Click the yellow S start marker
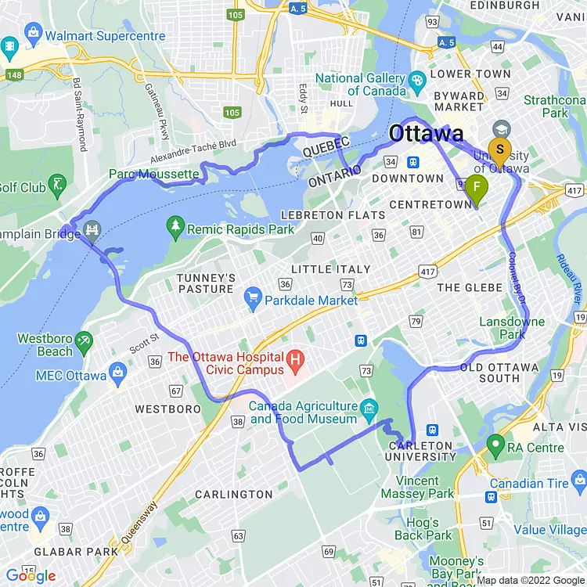tap(499, 150)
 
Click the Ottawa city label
tap(427, 133)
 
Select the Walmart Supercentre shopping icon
tap(33, 32)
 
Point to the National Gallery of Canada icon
tap(417, 78)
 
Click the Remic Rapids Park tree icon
tap(175, 229)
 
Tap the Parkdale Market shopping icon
tap(252, 298)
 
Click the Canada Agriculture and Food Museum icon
tap(370, 407)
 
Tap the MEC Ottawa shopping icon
tap(118, 372)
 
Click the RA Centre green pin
tap(494, 445)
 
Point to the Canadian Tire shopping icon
tap(494, 497)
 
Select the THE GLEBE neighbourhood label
tap(470, 288)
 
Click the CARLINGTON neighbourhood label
tap(233, 495)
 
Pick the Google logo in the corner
tap(31, 576)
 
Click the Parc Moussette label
tap(154, 174)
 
